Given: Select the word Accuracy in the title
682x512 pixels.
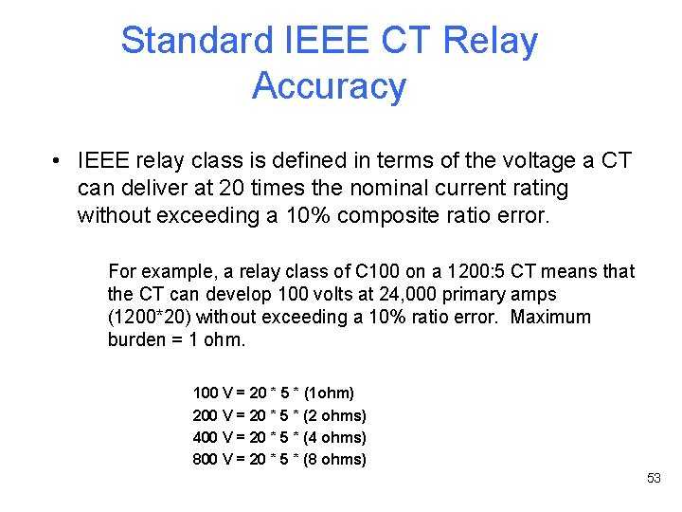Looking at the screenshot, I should pos(329,86).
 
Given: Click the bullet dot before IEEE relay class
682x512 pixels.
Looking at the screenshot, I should pos(58,161).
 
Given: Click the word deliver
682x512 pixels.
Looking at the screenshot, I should pos(153,188).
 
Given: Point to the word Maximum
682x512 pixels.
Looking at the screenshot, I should pos(550,317).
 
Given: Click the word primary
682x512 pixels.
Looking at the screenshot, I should pos(471,294).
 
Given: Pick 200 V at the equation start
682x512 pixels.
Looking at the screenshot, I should pos(212,415).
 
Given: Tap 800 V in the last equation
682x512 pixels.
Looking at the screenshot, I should pos(212,460).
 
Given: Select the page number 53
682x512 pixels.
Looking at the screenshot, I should pos(654,478).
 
